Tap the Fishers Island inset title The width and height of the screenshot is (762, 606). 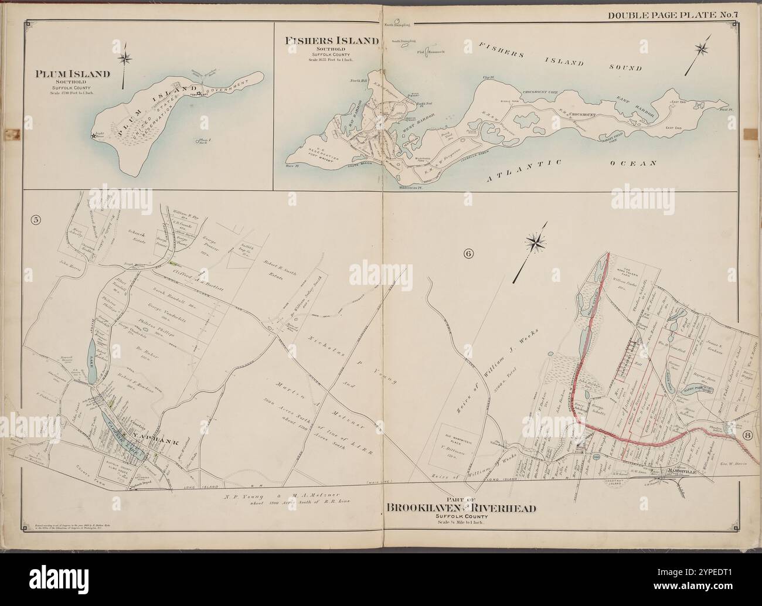click(x=331, y=40)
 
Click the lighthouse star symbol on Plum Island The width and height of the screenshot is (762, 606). click(x=93, y=137)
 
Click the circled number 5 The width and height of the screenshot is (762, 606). click(x=36, y=220)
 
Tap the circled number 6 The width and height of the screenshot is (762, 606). click(x=468, y=253)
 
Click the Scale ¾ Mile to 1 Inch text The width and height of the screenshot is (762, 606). click(x=460, y=522)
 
